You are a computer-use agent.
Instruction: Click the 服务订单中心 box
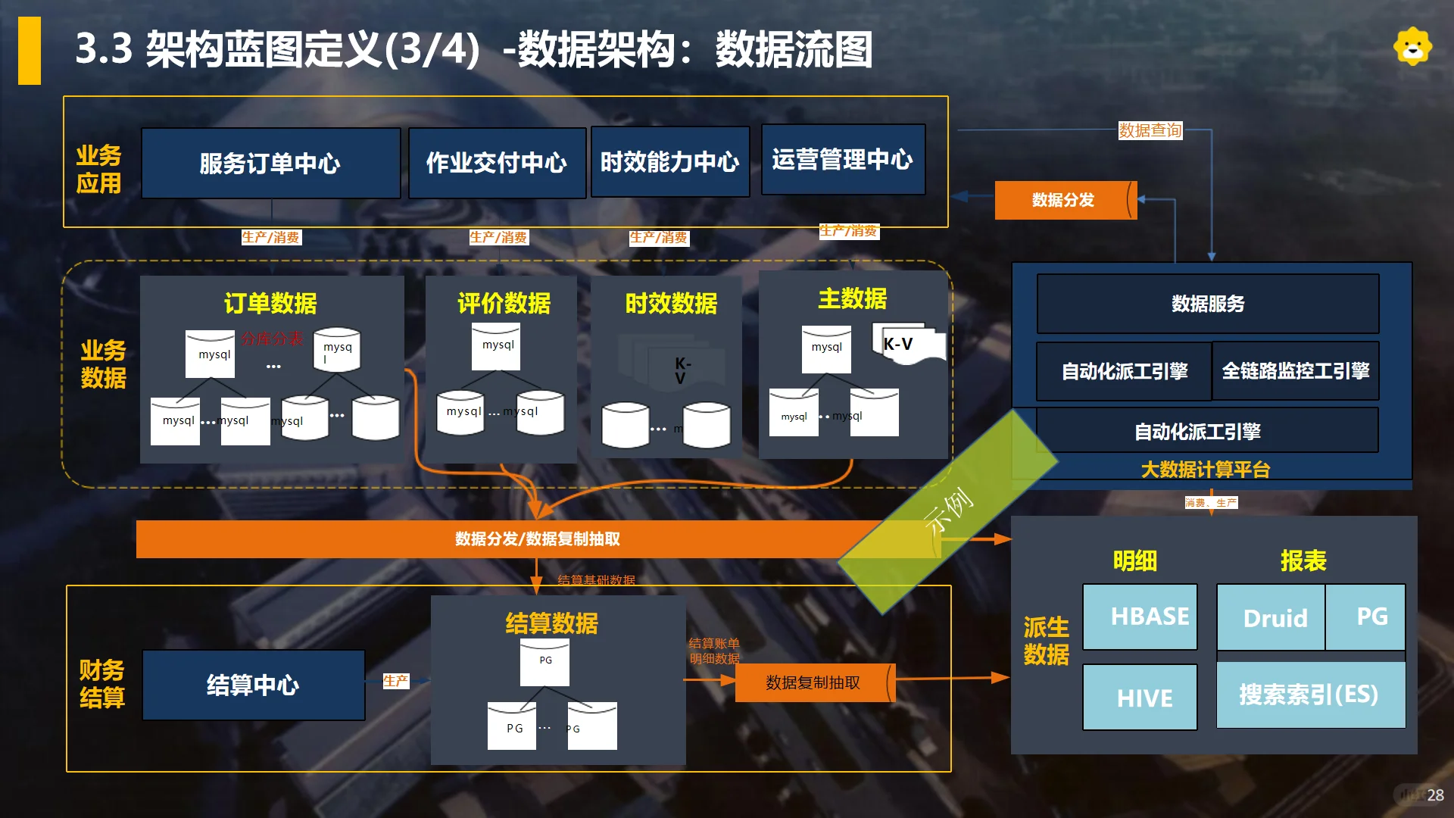[270, 163]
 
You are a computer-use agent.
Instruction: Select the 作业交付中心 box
[497, 163]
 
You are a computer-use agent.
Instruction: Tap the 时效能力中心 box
[670, 161]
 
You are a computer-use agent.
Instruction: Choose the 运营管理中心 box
[843, 160]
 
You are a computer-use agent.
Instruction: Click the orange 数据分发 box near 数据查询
[1063, 200]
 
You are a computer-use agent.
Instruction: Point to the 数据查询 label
[1150, 130]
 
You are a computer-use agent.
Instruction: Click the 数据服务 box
[1208, 304]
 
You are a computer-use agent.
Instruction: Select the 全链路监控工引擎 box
[1296, 371]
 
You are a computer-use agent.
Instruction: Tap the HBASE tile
[1140, 617]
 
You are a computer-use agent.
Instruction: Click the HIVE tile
[1140, 698]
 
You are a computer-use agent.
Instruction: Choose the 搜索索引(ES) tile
[1310, 695]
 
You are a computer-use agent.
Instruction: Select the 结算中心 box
[253, 685]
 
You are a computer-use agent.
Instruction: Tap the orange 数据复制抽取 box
[813, 682]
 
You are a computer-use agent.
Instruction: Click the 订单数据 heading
[270, 303]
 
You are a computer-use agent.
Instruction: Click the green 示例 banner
[948, 511]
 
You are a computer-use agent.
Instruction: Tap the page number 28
[1435, 795]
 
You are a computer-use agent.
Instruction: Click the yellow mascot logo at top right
[1412, 47]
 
